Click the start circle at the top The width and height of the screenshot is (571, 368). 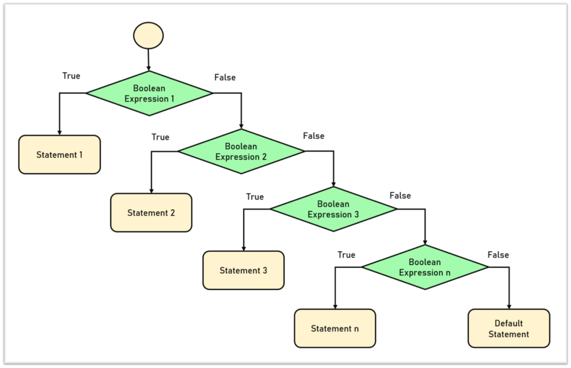[x=148, y=36]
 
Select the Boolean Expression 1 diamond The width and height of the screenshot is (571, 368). [x=149, y=94]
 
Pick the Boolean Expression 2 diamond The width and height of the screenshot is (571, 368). [x=241, y=152]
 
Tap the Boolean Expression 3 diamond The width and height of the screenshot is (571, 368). [x=333, y=210]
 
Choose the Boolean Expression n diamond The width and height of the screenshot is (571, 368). [x=425, y=268]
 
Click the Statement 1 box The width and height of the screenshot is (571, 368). [x=60, y=154]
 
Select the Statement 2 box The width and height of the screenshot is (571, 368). [x=151, y=212]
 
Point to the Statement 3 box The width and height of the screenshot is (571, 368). [x=243, y=270]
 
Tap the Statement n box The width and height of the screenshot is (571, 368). [x=335, y=328]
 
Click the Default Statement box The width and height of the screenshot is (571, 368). [x=509, y=328]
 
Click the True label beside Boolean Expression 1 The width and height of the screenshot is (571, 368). [x=71, y=76]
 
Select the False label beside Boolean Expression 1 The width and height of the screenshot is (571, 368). [x=225, y=78]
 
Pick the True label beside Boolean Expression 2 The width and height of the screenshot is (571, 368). [x=161, y=137]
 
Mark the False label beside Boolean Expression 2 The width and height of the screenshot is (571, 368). [x=313, y=136]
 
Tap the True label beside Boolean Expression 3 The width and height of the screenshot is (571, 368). [x=255, y=197]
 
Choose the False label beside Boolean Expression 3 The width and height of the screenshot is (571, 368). [x=400, y=196]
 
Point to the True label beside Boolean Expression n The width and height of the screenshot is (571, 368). [x=346, y=255]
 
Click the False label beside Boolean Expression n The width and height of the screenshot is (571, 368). [x=498, y=255]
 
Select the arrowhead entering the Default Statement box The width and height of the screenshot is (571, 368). [x=509, y=306]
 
